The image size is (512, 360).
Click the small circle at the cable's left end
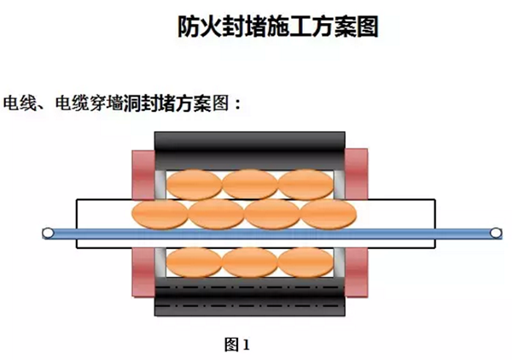[x=49, y=232]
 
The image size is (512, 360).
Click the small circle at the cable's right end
[x=494, y=232]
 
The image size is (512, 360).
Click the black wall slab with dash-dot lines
[x=249, y=299]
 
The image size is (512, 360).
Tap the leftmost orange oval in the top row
[x=192, y=183]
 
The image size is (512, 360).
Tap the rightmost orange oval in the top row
[x=305, y=183]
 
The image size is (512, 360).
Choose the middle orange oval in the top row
[x=248, y=183]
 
